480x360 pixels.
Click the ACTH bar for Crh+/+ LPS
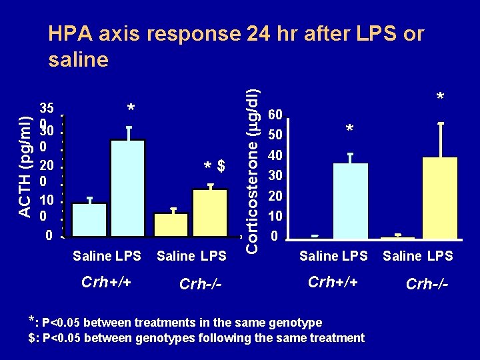tap(127, 188)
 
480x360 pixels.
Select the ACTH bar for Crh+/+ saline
tap(89, 220)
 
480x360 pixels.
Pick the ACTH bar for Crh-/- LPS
tap(210, 213)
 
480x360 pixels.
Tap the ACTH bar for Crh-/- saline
tap(171, 225)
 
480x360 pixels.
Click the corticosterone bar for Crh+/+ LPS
tap(351, 201)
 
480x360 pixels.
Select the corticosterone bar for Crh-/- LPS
tap(440, 198)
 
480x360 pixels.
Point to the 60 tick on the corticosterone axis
tap(275, 115)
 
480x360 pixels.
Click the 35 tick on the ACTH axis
tap(47, 108)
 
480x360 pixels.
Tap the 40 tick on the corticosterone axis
tap(275, 156)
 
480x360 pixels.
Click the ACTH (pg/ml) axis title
tap(25, 167)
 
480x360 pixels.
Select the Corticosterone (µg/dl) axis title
tap(253, 172)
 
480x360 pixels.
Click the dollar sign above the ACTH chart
tap(221, 165)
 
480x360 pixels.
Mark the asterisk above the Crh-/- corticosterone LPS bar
tap(440, 96)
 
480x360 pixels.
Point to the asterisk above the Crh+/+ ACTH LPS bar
tap(131, 107)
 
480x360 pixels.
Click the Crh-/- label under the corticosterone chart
tap(427, 284)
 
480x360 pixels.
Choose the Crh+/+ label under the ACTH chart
tap(106, 281)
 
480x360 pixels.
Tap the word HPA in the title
tap(71, 33)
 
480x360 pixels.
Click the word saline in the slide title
tap(79, 59)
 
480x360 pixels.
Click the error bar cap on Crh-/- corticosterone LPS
tap(441, 123)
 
